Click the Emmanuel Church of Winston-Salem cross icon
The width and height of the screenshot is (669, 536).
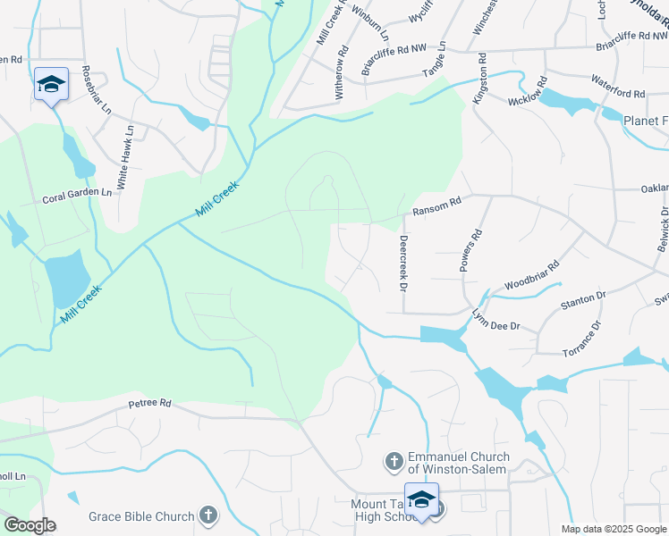coord(393,462)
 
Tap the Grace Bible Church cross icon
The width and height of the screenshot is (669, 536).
coord(207,515)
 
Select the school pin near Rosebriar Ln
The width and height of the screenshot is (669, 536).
coord(51,85)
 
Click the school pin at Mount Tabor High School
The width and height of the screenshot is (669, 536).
coord(422,501)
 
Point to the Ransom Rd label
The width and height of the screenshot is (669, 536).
coord(436,206)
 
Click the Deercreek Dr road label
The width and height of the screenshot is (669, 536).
coord(403,264)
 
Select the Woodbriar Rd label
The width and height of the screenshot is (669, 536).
coord(531,272)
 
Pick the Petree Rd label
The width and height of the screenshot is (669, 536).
coord(149,403)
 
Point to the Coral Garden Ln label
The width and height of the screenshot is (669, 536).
coord(78,192)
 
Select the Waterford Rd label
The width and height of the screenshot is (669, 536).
coord(617,93)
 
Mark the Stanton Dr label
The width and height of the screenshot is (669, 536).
coord(583,299)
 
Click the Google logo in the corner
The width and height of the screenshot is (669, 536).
coord(29,525)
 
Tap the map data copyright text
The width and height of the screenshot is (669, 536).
coord(614,529)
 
